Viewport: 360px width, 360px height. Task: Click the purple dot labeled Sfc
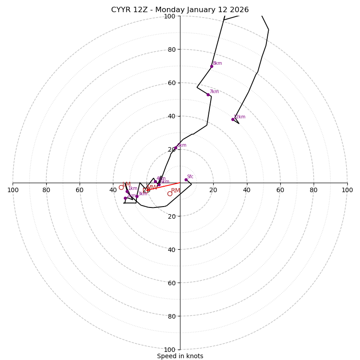click(186, 180)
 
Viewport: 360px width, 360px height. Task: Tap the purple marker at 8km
click(211, 66)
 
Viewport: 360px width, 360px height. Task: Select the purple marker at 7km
click(208, 94)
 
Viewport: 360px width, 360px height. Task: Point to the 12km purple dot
click(233, 119)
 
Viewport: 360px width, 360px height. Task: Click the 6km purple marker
click(175, 148)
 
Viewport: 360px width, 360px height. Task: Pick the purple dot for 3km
click(137, 196)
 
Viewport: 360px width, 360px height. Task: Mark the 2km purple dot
click(125, 198)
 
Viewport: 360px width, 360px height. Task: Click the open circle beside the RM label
click(170, 194)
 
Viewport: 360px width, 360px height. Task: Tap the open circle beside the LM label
click(121, 187)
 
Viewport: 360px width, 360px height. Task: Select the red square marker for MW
click(145, 190)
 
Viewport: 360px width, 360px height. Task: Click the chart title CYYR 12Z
click(180, 10)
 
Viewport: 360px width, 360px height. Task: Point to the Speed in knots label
click(180, 356)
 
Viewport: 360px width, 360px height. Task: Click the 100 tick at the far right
click(347, 190)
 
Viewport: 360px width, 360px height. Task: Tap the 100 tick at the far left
click(13, 190)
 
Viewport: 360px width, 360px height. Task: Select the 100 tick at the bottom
click(170, 349)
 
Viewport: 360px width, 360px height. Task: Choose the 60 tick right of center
click(280, 190)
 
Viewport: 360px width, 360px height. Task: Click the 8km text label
click(217, 63)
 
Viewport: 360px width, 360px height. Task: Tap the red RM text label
click(175, 191)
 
